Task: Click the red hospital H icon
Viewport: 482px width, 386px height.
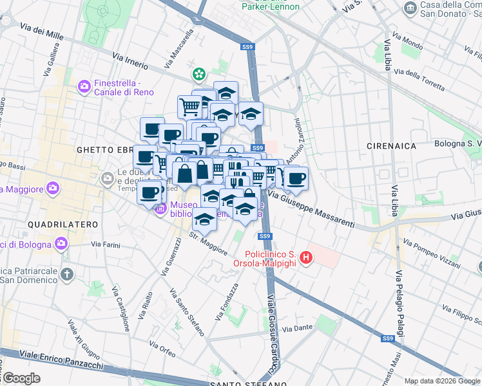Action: click(x=306, y=258)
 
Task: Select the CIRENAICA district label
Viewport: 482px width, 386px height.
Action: click(x=391, y=146)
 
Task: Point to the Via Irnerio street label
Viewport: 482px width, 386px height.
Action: click(x=130, y=61)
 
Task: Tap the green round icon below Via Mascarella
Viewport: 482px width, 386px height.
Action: click(x=199, y=74)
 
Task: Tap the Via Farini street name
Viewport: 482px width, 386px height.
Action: click(x=106, y=244)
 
